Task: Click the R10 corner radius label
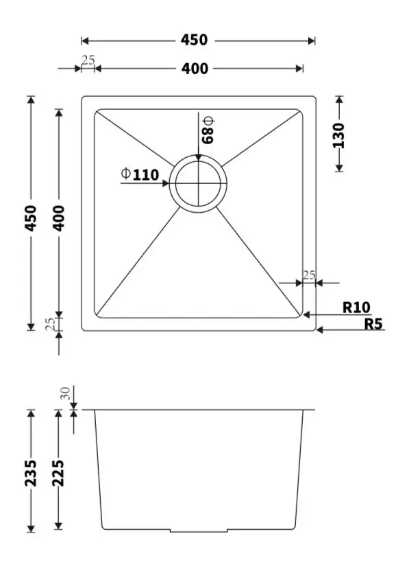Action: tap(356, 307)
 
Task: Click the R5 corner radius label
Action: tap(373, 324)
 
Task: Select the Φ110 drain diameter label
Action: tap(140, 174)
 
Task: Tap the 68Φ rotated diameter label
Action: tap(208, 130)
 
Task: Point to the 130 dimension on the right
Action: tap(338, 135)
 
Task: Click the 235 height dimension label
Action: tap(31, 473)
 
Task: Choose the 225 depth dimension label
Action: tap(58, 473)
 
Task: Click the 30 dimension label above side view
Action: tap(65, 393)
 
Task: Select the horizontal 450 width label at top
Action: tap(194, 40)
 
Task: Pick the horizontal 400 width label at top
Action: tap(195, 69)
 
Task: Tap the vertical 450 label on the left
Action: tap(31, 218)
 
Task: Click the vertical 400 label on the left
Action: tap(58, 218)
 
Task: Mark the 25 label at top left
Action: tap(88, 60)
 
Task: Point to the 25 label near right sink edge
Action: tap(309, 275)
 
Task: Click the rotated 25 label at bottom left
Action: tap(51, 324)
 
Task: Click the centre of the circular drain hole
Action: tap(198, 183)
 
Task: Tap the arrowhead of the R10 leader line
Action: tap(306, 314)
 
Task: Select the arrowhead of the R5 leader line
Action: tap(319, 330)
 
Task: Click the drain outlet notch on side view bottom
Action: tap(199, 531)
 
